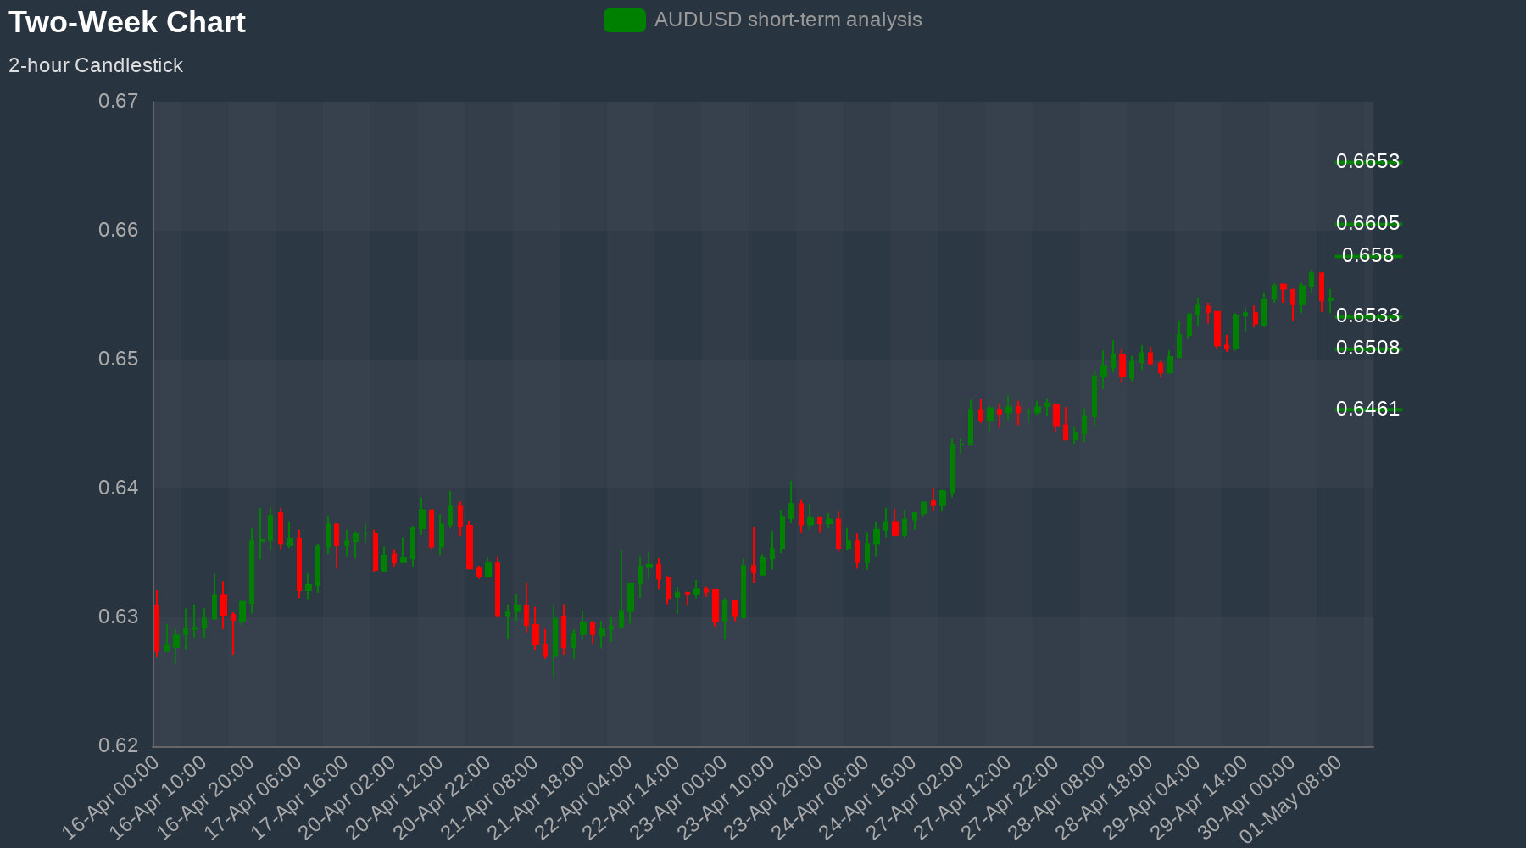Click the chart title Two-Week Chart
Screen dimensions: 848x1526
[127, 22]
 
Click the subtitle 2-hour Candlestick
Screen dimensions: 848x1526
[96, 65]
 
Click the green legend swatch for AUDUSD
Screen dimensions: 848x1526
[625, 20]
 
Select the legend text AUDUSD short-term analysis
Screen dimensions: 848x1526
[788, 20]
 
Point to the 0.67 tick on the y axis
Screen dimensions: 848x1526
[119, 102]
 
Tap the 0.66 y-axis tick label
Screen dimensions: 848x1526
[119, 231]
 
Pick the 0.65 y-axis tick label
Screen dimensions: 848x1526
[119, 360]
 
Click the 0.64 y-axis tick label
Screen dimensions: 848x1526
[119, 488]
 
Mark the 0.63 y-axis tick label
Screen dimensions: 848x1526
[119, 617]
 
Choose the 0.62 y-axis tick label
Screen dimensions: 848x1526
[119, 746]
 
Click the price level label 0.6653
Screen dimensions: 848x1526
[1367, 161]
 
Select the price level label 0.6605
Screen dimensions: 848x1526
[1367, 223]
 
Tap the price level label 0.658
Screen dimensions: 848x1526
[1367, 255]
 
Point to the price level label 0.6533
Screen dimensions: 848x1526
[1367, 315]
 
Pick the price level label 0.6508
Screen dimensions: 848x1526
[1367, 348]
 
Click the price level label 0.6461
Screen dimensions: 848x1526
[1367, 409]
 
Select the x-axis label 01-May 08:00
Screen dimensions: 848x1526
[1292, 799]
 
